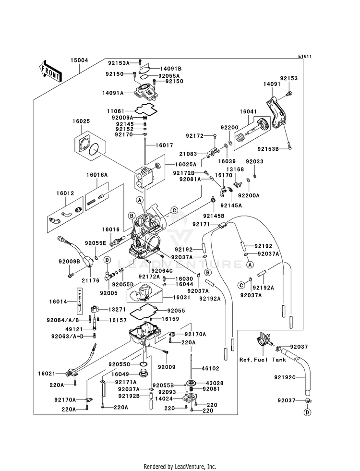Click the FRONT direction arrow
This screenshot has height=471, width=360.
pyautogui.click(x=50, y=71)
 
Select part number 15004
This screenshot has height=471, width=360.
pyautogui.click(x=80, y=61)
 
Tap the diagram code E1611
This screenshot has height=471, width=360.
pyautogui.click(x=304, y=57)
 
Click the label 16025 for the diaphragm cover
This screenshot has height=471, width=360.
pyautogui.click(x=82, y=122)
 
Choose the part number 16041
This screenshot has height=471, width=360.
pyautogui.click(x=248, y=111)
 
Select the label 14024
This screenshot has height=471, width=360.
pyautogui.click(x=164, y=399)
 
